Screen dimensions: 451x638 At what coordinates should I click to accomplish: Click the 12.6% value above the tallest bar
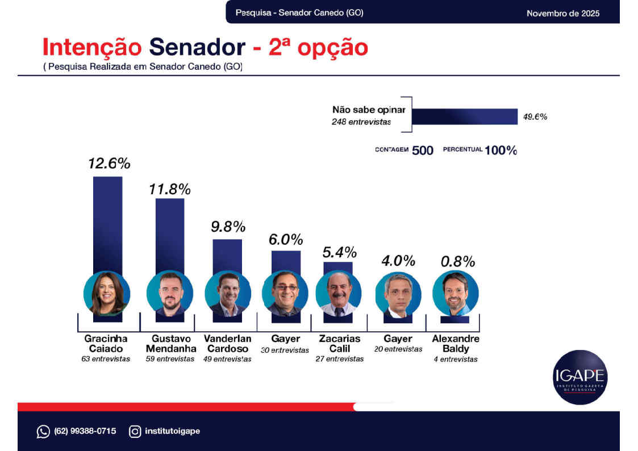pos(109,164)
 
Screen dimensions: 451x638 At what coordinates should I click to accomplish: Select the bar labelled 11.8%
pos(170,233)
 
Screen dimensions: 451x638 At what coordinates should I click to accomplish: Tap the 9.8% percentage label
pos(228,227)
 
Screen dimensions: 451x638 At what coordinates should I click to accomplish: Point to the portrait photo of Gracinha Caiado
pos(107,294)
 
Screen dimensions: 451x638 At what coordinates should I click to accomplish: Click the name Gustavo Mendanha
pos(170,343)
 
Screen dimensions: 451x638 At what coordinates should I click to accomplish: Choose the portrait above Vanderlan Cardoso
pos(228,294)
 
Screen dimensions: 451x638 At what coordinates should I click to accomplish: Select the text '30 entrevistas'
pos(285,350)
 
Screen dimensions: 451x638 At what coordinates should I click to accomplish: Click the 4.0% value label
pos(398,261)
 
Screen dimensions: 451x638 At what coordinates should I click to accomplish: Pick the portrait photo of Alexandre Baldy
pos(456,294)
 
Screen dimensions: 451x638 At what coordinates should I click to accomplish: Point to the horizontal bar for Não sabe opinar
pos(464,116)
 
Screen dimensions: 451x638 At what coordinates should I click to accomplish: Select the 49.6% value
pos(535,117)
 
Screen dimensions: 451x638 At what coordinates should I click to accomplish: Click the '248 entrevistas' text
pos(361,122)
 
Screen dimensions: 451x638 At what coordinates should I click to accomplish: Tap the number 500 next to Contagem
pos(423,151)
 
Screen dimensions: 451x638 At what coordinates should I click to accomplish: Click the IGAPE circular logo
pos(580,377)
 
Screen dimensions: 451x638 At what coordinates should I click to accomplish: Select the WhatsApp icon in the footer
pos(43,432)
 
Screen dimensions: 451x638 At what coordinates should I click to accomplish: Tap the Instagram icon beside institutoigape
pos(135,432)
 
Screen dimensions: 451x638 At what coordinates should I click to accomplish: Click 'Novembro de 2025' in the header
pos(562,13)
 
